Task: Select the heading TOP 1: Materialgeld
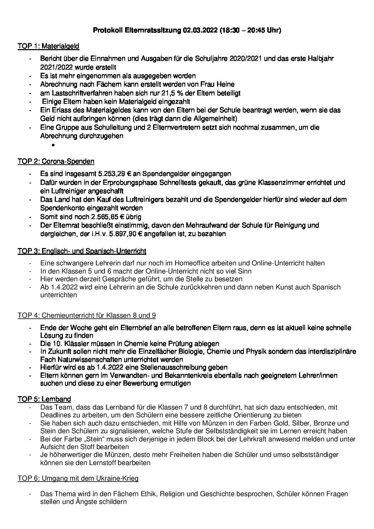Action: click(48, 46)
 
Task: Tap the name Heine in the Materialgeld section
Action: click(225, 84)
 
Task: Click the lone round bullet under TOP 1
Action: click(53, 145)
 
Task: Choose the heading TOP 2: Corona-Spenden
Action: click(56, 161)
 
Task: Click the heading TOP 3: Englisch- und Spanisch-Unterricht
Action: click(82, 251)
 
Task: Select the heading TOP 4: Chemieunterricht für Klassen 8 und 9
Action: click(87, 315)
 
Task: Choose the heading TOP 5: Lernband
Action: click(44, 399)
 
